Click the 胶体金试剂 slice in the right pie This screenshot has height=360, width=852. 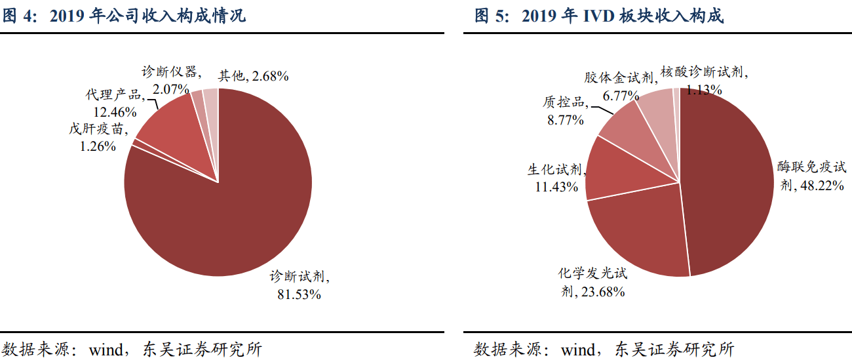pos(660,114)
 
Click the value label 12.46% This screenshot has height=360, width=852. pos(115,112)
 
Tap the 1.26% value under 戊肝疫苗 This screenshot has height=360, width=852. pos(98,146)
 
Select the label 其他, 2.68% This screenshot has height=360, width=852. pos(254,76)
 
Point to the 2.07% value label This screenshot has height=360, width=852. pos(171,89)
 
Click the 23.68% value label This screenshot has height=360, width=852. pos(603,292)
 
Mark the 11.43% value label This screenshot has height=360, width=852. pos(556,187)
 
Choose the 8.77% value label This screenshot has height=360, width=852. pos(566,120)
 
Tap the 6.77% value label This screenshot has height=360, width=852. pos(621,96)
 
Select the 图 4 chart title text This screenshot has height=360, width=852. pos(125,16)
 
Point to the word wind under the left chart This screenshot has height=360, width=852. pos(106,350)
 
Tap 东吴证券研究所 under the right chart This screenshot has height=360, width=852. pos(674,350)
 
